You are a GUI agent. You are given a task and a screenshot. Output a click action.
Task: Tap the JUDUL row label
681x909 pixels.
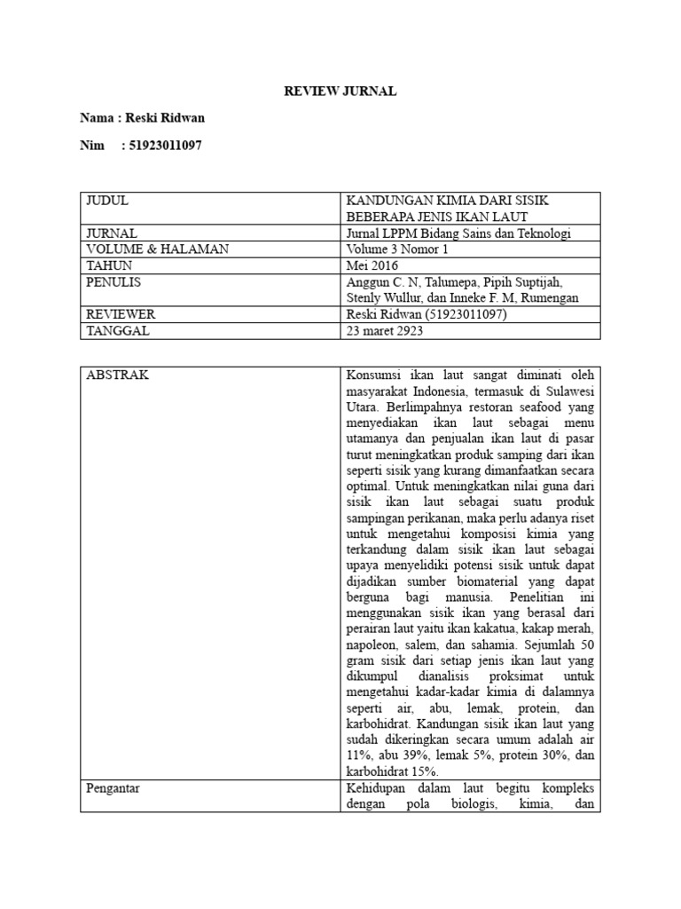(107, 201)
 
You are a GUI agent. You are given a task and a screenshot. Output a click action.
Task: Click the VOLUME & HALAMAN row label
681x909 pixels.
(157, 249)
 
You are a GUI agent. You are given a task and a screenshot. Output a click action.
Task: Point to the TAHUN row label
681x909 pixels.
(109, 265)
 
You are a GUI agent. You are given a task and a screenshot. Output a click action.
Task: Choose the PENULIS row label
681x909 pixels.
(113, 281)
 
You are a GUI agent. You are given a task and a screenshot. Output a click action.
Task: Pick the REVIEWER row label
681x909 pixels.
(121, 313)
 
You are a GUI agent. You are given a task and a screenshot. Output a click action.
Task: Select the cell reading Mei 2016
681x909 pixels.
(372, 265)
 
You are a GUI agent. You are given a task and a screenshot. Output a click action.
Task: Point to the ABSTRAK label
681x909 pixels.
(117, 375)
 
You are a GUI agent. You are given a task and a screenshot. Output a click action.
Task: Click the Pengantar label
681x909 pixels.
(114, 786)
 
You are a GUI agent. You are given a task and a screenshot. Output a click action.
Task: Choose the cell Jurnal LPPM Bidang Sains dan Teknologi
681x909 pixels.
(458, 233)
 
